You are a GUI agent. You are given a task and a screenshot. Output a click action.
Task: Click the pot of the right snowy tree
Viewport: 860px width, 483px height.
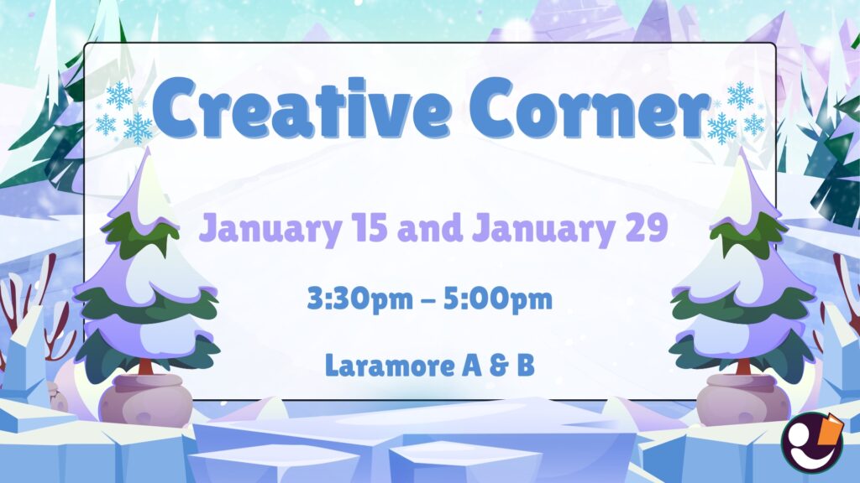pyautogui.click(x=739, y=398)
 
